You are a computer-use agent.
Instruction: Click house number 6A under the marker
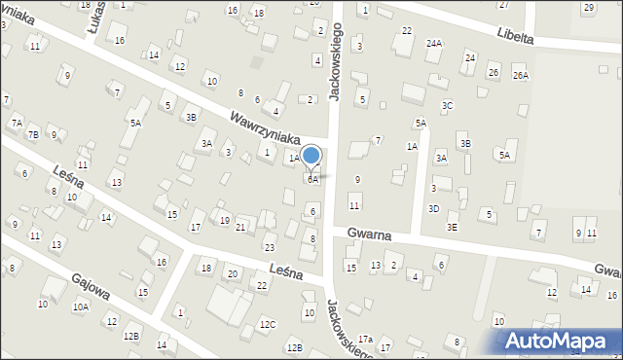(312, 180)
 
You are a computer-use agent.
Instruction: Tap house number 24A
(434, 43)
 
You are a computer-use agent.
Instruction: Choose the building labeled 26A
(521, 76)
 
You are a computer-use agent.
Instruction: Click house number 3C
(447, 105)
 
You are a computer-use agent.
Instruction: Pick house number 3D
(434, 209)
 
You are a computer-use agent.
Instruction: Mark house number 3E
(452, 227)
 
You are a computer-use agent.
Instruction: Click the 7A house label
(17, 123)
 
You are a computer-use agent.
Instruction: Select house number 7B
(33, 134)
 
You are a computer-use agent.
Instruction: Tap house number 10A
(81, 307)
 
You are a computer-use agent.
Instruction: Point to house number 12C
(267, 324)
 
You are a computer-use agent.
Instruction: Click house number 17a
(365, 339)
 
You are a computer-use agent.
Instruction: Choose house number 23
(270, 248)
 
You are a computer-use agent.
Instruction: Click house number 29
(589, 8)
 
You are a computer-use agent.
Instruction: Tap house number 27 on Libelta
(503, 5)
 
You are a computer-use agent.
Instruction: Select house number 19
(225, 221)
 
